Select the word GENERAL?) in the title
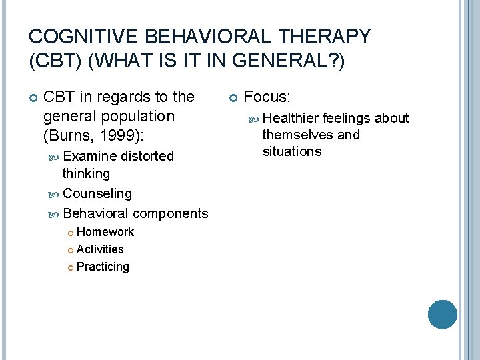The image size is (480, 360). [302, 61]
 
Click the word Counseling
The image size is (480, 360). [97, 193]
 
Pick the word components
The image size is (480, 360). [170, 213]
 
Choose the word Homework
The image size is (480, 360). [105, 232]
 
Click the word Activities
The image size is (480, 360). [100, 249]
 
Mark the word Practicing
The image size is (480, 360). [103, 267]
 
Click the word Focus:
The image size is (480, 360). [267, 97]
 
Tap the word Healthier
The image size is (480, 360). [291, 118]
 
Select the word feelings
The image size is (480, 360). [347, 118]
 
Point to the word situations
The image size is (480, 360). [291, 151]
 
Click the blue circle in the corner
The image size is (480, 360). [442, 315]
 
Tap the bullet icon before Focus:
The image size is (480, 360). [233, 98]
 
